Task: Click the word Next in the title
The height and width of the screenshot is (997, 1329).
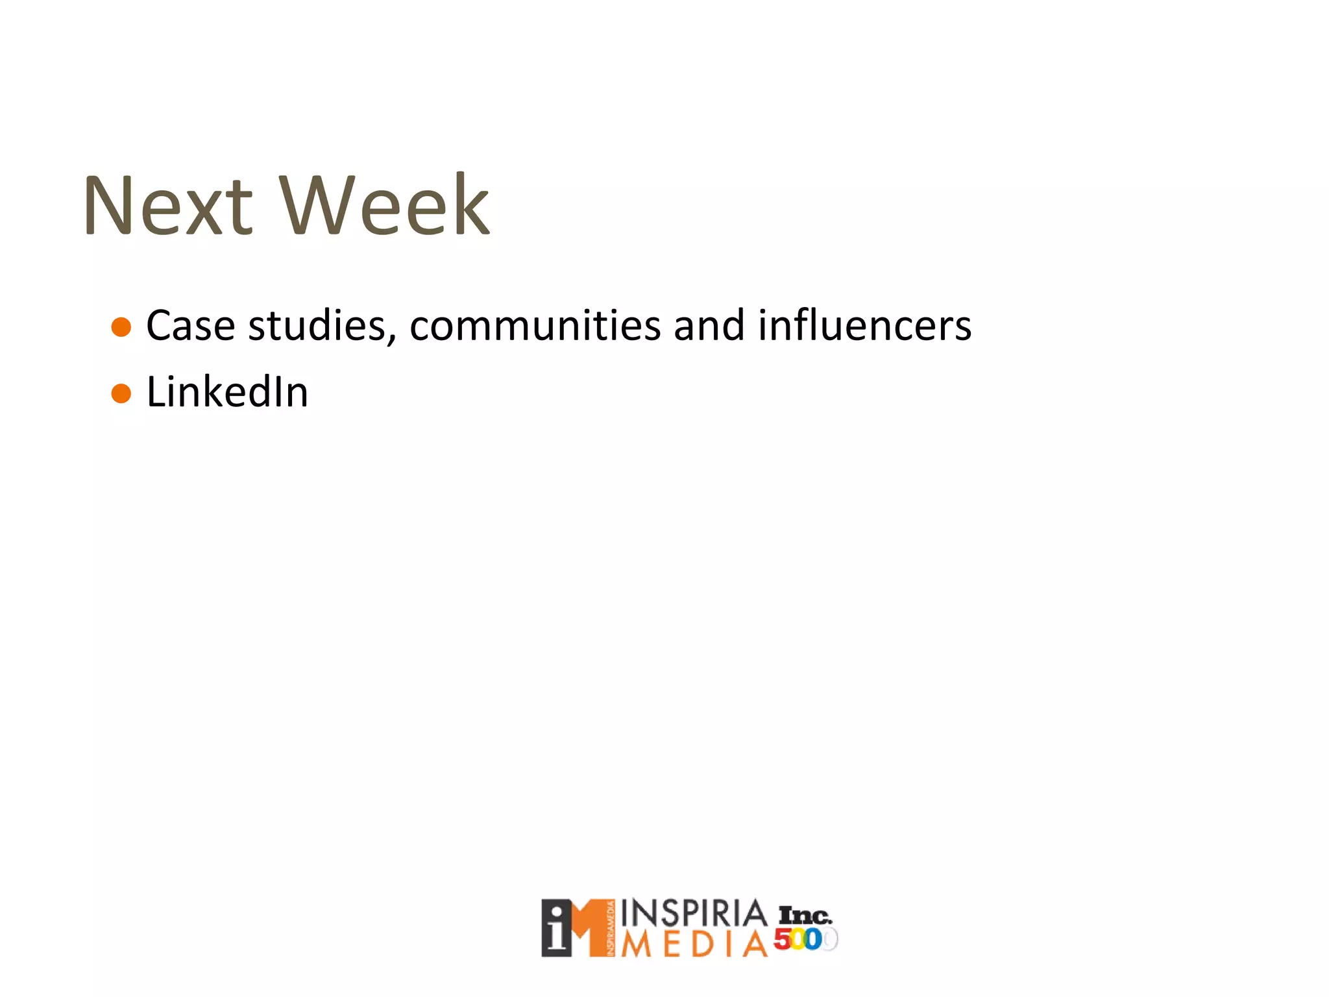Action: click(x=167, y=206)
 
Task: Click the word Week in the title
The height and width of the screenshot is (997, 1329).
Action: click(x=384, y=206)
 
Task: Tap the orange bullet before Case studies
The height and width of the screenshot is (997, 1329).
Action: click(x=121, y=326)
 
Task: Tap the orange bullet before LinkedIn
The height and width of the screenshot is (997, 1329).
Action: click(x=121, y=393)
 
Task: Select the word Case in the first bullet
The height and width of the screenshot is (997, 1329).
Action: click(x=190, y=326)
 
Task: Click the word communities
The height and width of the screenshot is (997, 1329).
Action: click(x=535, y=326)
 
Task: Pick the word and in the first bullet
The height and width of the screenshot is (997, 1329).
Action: click(x=709, y=326)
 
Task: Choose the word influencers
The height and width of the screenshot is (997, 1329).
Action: click(x=864, y=326)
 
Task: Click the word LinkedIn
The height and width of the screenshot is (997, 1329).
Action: click(x=227, y=393)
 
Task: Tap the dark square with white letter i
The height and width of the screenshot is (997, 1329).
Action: click(x=557, y=928)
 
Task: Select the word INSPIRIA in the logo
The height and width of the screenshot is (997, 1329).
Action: click(x=694, y=914)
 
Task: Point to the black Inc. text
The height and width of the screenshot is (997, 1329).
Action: click(x=805, y=916)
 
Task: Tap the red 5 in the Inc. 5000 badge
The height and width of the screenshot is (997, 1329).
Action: click(x=782, y=939)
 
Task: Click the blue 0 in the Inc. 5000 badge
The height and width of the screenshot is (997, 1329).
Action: click(x=812, y=939)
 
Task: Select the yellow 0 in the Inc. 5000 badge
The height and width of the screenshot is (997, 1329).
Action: click(x=798, y=939)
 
